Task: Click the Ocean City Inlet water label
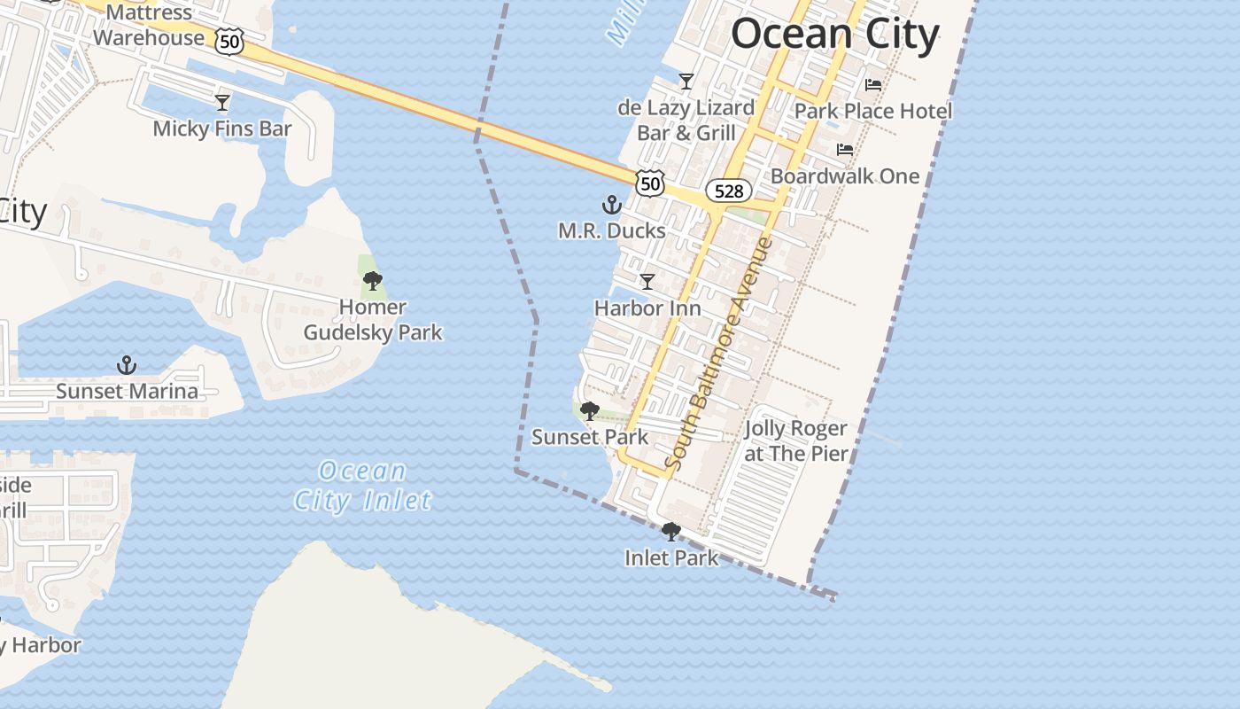[x=363, y=486]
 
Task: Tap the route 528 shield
[x=729, y=191]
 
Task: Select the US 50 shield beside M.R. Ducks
[x=650, y=183]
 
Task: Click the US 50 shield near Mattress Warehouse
[x=229, y=41]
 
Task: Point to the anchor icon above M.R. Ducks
[x=611, y=206]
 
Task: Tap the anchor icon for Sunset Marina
[x=127, y=365]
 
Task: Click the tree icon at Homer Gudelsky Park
[x=373, y=282]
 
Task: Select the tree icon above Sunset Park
[x=589, y=411]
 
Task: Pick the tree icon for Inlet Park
[x=671, y=532]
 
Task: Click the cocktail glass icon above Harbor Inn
[x=647, y=282]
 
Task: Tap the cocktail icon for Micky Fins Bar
[x=222, y=103]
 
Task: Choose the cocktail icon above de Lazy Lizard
[x=686, y=82]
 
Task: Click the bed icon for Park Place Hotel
[x=873, y=85]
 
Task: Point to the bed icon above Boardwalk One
[x=845, y=150]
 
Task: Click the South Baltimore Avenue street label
[x=719, y=353]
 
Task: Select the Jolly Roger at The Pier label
[x=795, y=441]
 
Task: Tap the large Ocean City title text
[x=834, y=35]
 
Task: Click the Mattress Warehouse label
[x=149, y=26]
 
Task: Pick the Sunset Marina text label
[x=128, y=391]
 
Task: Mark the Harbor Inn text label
[x=647, y=308]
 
